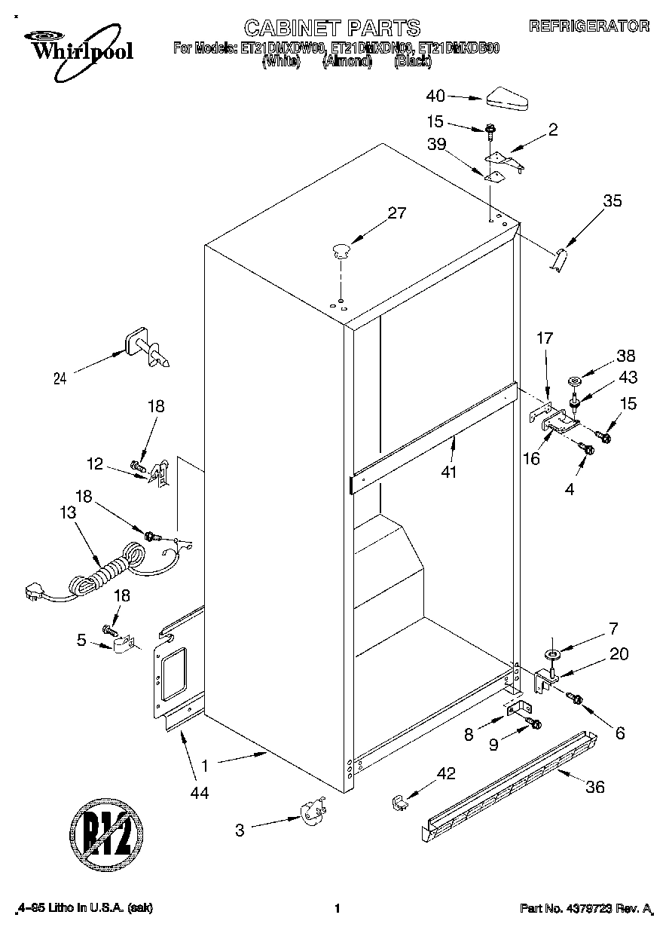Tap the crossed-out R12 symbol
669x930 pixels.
105,834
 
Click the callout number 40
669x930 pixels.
436,96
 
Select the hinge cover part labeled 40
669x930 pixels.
509,99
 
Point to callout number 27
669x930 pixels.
396,213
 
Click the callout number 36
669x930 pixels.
594,788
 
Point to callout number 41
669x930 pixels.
451,473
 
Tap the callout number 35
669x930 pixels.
613,201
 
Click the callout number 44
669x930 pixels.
200,792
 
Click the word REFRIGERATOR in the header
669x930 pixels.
588,26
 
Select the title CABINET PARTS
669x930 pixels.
332,28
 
